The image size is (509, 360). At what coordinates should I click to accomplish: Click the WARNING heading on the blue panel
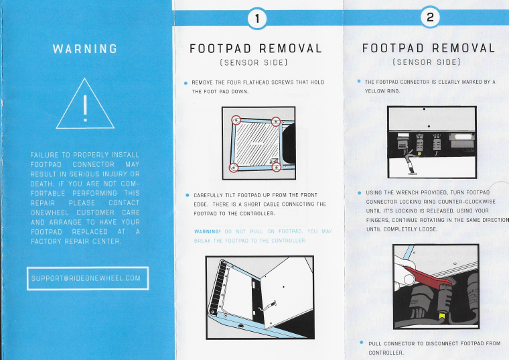[x=84, y=49]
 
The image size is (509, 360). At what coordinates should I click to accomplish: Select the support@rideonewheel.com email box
[x=88, y=278]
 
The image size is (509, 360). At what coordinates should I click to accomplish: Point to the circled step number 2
[x=429, y=18]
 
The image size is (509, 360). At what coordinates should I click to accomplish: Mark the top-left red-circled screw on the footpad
[x=236, y=120]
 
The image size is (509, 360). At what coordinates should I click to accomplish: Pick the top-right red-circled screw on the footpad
[x=275, y=121]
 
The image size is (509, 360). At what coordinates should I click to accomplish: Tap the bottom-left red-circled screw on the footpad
[x=232, y=166]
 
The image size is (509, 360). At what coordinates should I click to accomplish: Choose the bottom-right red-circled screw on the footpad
[x=275, y=167]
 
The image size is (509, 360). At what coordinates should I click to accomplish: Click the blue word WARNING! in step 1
[x=207, y=231]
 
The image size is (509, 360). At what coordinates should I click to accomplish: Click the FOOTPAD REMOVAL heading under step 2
[x=429, y=48]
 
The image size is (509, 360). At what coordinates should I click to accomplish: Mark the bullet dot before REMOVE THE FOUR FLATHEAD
[x=186, y=82]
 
